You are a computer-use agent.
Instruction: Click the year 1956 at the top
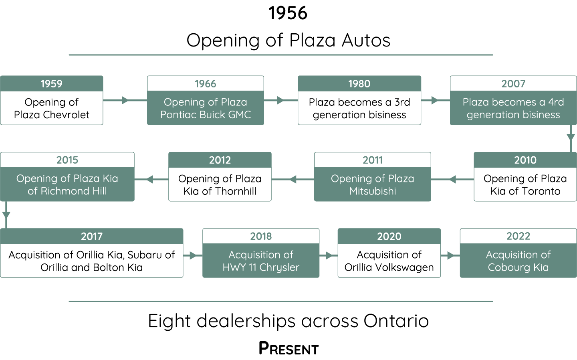[288, 13]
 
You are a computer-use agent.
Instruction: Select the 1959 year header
[51, 84]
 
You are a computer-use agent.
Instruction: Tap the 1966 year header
[205, 84]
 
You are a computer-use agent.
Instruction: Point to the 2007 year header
[513, 84]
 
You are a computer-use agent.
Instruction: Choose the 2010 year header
[525, 160]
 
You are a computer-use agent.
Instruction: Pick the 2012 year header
[220, 160]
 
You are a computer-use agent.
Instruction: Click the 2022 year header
[518, 236]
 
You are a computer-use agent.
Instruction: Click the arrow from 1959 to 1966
[125, 100]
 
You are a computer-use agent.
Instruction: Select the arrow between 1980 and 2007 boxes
[435, 100]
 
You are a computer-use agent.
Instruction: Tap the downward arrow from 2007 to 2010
[571, 138]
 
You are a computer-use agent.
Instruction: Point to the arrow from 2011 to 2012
[293, 179]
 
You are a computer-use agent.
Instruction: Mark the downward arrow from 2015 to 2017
[6, 214]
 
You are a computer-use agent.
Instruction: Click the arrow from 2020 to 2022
[450, 255]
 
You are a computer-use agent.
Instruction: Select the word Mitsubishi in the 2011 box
[373, 191]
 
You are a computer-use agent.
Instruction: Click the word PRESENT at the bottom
[288, 348]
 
